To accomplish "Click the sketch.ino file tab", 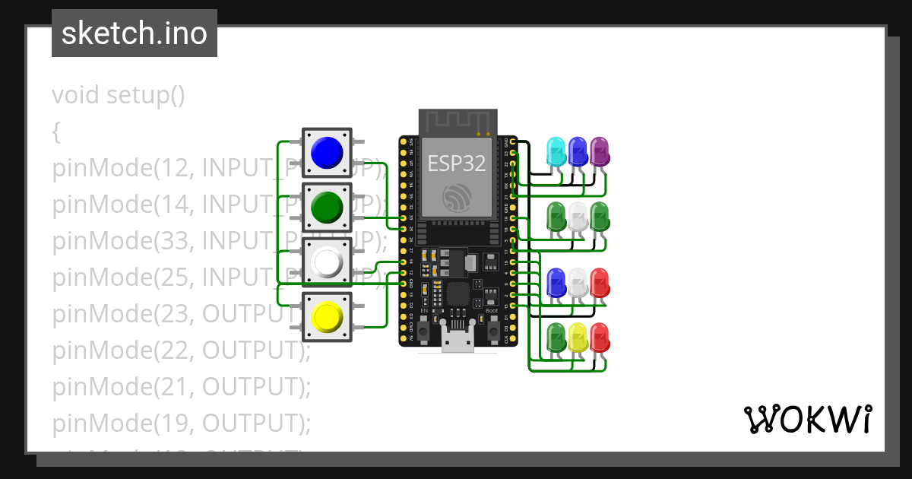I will pos(135,33).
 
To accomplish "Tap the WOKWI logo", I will pos(807,419).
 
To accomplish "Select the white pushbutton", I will pos(328,262).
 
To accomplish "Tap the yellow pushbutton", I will pos(328,316).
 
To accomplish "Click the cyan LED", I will pos(556,151).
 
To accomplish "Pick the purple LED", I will pos(599,151).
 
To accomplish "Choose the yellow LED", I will pos(578,337).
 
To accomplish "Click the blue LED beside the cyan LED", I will pos(578,151).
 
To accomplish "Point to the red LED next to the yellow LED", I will pos(599,337).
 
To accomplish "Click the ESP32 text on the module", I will pos(457,163).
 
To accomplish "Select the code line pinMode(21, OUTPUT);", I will pos(182,386).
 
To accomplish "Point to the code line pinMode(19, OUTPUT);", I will pos(182,423).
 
